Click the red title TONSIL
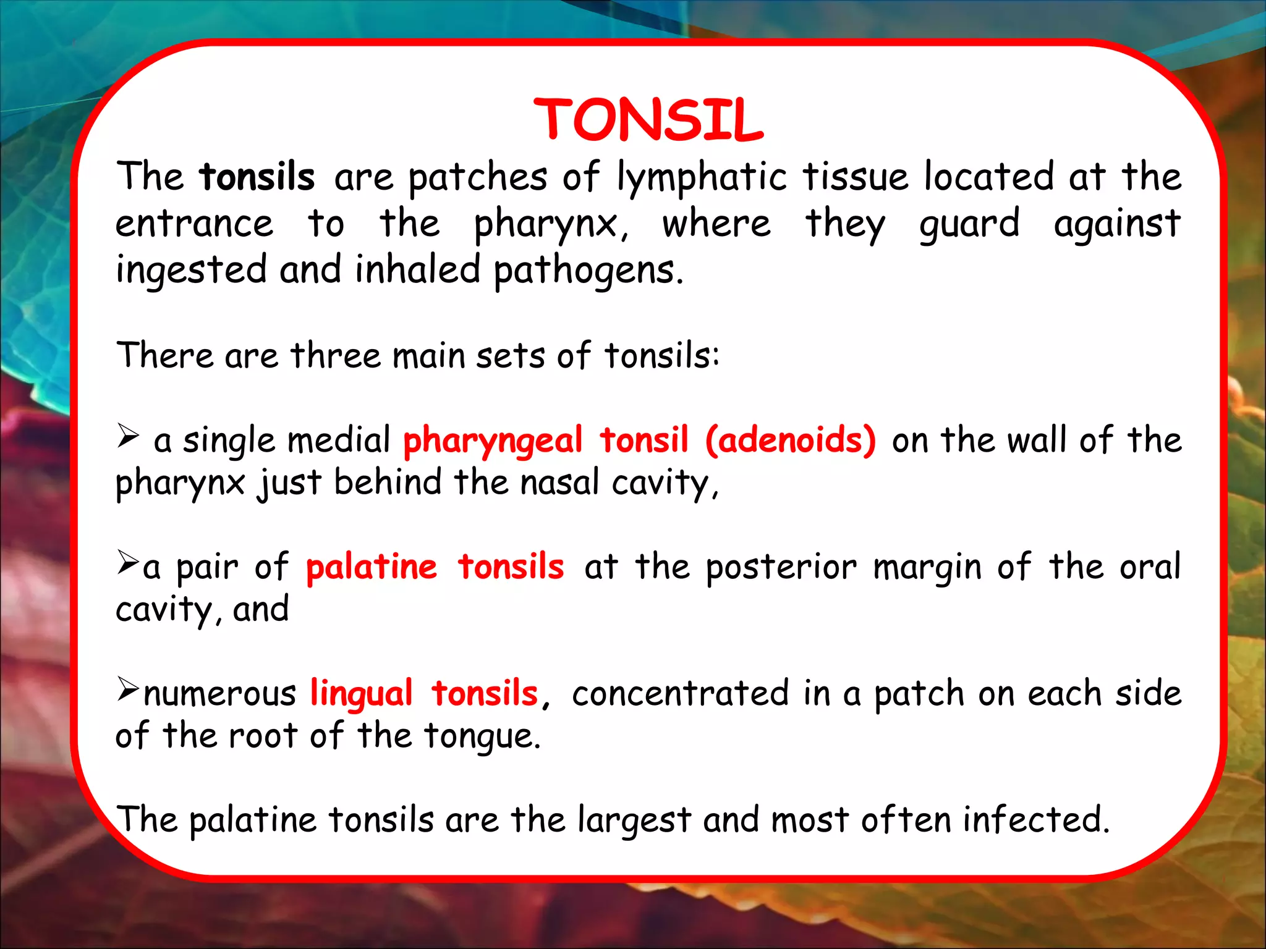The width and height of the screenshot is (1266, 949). [x=648, y=120]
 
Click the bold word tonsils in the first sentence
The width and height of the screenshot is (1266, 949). [x=257, y=177]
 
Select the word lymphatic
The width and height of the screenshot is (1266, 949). [x=702, y=178]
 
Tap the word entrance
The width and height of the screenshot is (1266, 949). [x=194, y=224]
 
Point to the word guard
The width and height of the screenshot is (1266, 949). [x=969, y=225]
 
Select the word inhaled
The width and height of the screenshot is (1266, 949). [x=417, y=270]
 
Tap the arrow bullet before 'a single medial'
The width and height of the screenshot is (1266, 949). [x=128, y=436]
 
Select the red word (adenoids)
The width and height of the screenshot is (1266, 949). [x=790, y=441]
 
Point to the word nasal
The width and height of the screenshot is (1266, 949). [x=559, y=483]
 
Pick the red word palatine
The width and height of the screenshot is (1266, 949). [x=372, y=567]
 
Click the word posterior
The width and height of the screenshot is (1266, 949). [x=781, y=567]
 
